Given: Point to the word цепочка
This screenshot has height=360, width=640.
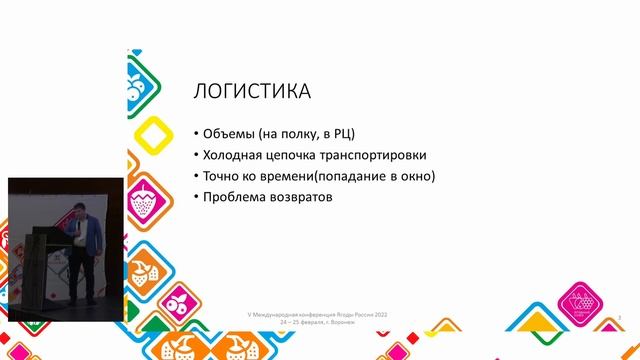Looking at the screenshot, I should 305,155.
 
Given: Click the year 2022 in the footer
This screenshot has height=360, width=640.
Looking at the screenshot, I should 379,314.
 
